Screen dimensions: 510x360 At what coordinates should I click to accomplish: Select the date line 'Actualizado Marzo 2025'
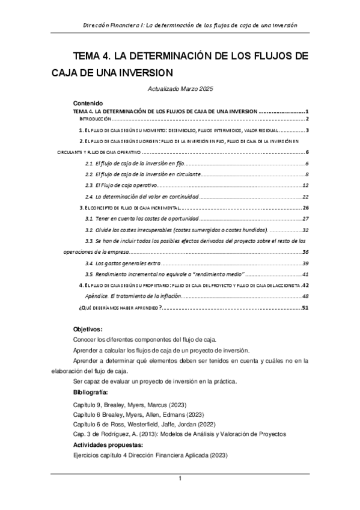pyautogui.click(x=180, y=89)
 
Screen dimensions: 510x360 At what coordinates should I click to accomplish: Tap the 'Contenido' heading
pyautogui.click(x=88, y=103)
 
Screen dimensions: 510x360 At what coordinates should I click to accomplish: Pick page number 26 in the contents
pyautogui.click(x=305, y=207)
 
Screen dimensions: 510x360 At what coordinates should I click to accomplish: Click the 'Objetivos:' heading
pyautogui.click(x=88, y=330)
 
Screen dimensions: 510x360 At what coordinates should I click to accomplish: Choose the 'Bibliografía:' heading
pyautogui.click(x=91, y=392)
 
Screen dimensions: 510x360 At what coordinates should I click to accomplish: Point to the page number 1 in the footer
pyautogui.click(x=180, y=478)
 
